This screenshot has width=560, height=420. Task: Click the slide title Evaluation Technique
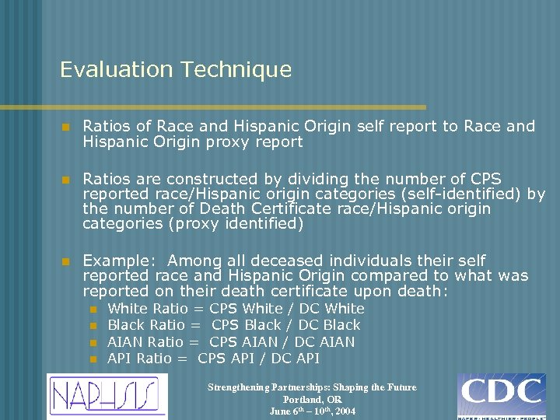click(x=176, y=70)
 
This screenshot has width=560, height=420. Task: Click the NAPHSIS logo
click(x=107, y=395)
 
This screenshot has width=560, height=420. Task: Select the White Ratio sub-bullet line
click(x=236, y=309)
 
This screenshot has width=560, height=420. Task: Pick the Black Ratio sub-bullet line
click(x=233, y=325)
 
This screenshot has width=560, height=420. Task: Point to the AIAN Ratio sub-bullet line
click(x=231, y=342)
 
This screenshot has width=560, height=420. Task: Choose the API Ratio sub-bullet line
click(x=214, y=359)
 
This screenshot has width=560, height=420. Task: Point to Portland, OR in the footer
click(x=312, y=399)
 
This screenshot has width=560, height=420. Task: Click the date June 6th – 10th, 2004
click(x=312, y=411)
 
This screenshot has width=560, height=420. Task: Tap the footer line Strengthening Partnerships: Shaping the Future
click(x=312, y=387)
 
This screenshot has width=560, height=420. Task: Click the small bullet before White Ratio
click(x=93, y=310)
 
